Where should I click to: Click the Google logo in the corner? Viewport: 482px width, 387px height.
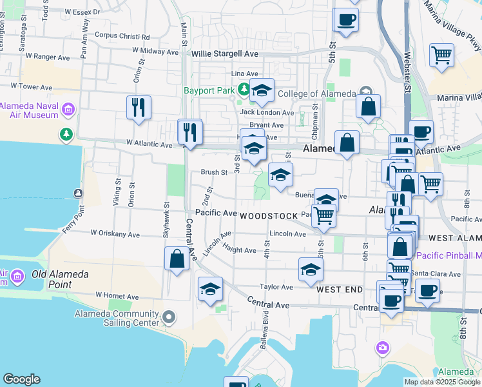pyautogui.click(x=21, y=379)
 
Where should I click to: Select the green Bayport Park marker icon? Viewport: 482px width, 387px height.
pyautogui.click(x=244, y=89)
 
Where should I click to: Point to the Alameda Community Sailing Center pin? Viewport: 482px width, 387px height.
pyautogui.click(x=169, y=317)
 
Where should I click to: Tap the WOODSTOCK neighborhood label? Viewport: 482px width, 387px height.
pyautogui.click(x=269, y=216)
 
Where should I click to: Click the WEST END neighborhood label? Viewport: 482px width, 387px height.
pyautogui.click(x=340, y=290)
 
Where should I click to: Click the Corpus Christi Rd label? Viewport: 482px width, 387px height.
pyautogui.click(x=122, y=36)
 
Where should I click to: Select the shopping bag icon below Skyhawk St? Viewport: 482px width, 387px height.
pyautogui.click(x=177, y=259)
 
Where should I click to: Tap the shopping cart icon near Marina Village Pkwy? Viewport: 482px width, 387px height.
pyautogui.click(x=442, y=55)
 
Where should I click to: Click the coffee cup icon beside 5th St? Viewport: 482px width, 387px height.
pyautogui.click(x=346, y=19)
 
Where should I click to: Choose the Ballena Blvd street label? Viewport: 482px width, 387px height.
pyautogui.click(x=264, y=333)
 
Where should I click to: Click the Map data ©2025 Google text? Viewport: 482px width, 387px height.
pyautogui.click(x=441, y=382)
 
